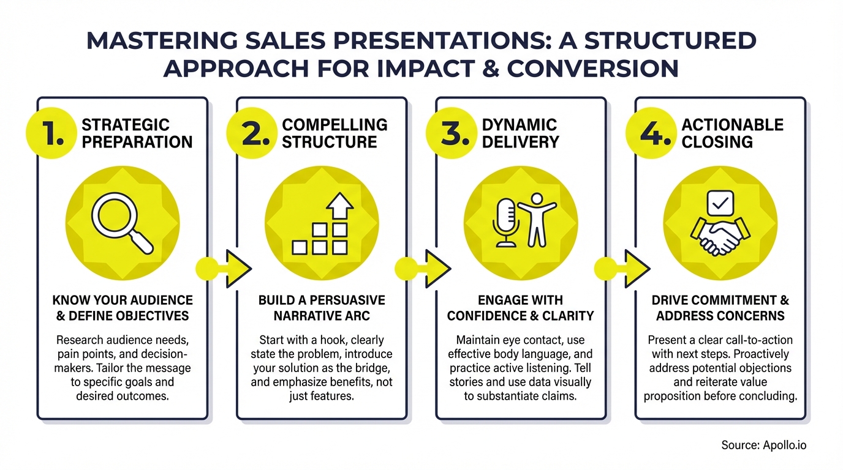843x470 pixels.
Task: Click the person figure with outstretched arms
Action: coord(536,218)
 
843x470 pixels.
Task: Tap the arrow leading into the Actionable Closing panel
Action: coord(633,267)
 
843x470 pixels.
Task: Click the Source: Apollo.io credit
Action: coord(763,445)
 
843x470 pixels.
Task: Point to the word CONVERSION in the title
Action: coord(594,69)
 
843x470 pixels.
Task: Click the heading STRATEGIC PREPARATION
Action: coord(137,133)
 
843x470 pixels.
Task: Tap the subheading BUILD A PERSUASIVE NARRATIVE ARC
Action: coord(322,308)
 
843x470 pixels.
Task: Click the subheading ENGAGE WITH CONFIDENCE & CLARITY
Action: coord(521,308)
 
